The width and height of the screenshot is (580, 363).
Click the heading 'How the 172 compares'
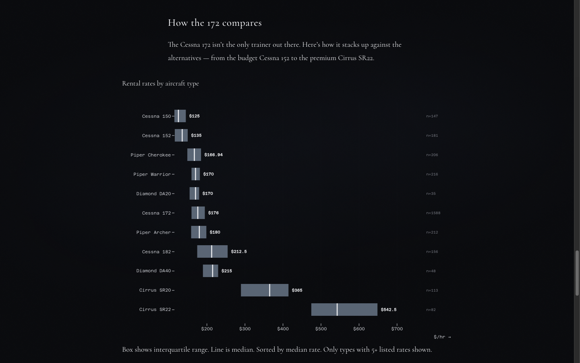coord(215,23)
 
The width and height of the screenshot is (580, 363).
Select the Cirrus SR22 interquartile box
coord(344,309)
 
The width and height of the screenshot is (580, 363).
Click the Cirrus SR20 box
coord(264,290)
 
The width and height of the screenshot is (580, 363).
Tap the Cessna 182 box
coord(212,251)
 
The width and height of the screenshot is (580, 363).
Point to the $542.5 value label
coord(388,309)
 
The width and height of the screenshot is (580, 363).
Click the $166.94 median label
coord(213,154)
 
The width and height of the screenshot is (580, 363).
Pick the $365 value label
coord(297,290)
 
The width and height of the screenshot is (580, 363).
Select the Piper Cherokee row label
coord(151,155)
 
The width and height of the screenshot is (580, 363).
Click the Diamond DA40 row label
coord(153,271)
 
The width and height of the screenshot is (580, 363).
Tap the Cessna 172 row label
coord(156,213)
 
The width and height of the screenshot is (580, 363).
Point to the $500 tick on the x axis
coord(321,329)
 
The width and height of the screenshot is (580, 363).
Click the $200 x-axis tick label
coord(207,329)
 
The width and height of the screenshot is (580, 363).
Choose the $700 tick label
coord(397,329)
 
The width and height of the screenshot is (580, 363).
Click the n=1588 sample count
coord(433,213)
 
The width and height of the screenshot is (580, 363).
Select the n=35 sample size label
coord(431,194)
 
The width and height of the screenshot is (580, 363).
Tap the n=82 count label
coord(431,310)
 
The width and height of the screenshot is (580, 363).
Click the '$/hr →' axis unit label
coord(442,337)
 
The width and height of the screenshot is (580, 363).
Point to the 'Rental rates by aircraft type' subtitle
coord(160,83)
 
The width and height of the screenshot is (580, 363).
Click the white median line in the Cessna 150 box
coord(178,116)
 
